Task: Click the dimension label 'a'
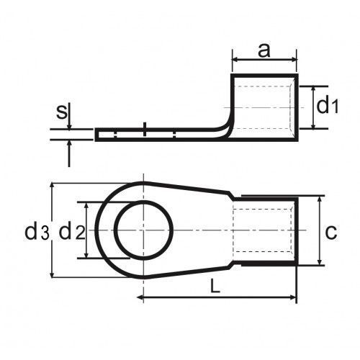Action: click(x=264, y=50)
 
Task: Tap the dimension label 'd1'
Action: click(x=328, y=106)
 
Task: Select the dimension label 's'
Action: click(x=62, y=112)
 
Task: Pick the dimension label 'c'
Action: click(x=331, y=233)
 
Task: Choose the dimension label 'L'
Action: click(x=215, y=287)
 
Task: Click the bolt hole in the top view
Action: click(x=143, y=230)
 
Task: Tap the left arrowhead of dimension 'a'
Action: click(x=235, y=59)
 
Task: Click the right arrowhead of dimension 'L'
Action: click(x=293, y=297)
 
